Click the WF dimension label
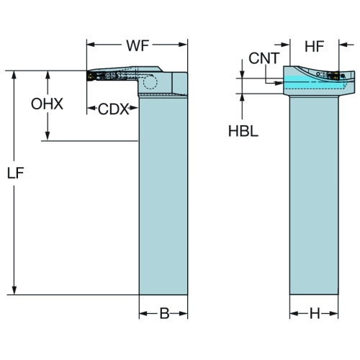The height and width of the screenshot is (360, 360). pos(138,45)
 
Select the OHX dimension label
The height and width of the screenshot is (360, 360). pos(47,104)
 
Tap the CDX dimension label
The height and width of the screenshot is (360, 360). pos(113,109)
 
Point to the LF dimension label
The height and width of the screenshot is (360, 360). pos(16,173)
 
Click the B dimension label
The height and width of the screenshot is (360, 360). pos(165,313)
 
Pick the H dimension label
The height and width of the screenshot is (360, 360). pos(315,313)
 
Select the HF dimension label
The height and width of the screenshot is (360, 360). pos(315,46)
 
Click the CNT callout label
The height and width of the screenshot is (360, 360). pos(264,58)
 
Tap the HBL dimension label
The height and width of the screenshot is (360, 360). pos(243,131)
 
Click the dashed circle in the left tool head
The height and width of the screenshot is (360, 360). pos(150,82)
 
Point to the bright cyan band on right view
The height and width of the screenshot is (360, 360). pos(316,79)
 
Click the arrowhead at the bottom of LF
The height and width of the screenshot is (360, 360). pos(14,290)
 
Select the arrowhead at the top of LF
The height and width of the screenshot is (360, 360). pos(14,76)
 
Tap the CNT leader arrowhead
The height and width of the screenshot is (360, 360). pos(279,83)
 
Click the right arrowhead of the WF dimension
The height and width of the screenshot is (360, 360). pos(182,45)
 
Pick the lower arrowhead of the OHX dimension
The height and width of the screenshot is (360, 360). pos(48,135)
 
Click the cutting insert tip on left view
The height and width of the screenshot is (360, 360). pos(89,76)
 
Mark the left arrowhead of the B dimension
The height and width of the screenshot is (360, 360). pos(144,314)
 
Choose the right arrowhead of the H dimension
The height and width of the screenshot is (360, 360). pos(333,314)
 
